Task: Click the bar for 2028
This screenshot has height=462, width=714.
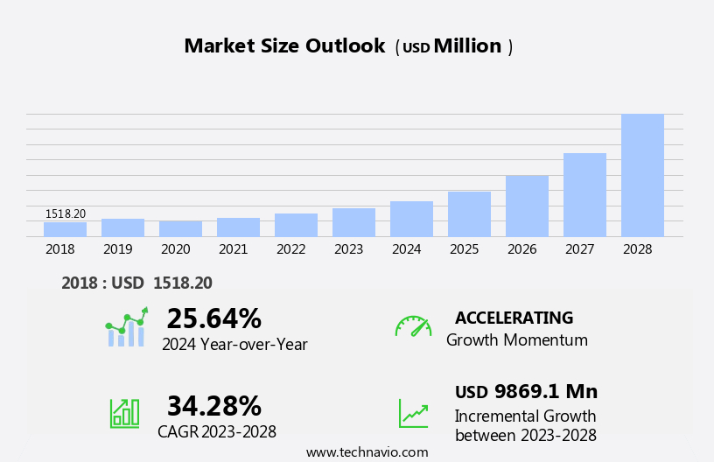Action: point(642,175)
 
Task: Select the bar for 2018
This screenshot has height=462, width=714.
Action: point(65,229)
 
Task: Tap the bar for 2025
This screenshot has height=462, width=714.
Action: point(469,214)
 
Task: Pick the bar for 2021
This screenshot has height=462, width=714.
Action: point(238,227)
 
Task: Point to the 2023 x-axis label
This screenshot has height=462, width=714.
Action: point(348,249)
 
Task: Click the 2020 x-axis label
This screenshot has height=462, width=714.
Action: point(175,249)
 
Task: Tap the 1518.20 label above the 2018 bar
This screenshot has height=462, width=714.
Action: point(66,213)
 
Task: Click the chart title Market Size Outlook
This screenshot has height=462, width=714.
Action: point(284,46)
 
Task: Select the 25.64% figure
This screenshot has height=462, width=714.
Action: point(213,318)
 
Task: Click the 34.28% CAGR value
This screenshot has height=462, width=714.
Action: point(213,406)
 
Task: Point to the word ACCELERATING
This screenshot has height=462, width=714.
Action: point(514,318)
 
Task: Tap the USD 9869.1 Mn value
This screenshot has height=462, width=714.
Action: point(526,392)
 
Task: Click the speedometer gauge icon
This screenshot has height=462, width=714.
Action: point(413,326)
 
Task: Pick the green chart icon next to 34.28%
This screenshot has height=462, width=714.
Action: point(124,413)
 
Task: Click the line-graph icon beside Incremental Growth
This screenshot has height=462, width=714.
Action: point(413,413)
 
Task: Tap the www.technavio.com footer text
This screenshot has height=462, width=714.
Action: point(367,452)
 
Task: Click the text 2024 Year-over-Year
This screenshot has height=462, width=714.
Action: point(234,345)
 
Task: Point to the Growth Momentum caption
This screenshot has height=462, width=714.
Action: point(516,340)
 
